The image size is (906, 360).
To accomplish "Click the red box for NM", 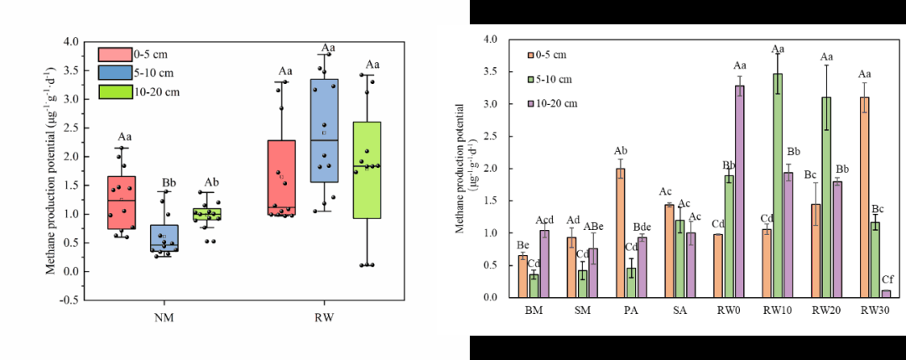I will click(x=122, y=202).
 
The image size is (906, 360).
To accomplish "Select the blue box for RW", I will click(x=324, y=130).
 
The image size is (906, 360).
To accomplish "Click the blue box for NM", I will click(x=164, y=237).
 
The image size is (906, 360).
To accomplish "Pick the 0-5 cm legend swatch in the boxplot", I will click(x=115, y=55).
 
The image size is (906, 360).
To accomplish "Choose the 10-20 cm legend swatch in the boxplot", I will click(x=115, y=91).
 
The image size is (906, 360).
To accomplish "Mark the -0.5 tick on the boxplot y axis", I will click(x=73, y=300).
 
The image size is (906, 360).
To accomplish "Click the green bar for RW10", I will click(x=778, y=185).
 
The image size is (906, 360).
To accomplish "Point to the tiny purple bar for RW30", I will click(x=886, y=294).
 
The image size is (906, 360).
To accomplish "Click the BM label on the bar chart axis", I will click(x=534, y=310).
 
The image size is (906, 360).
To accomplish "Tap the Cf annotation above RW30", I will click(x=887, y=279).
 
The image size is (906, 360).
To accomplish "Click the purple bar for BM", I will click(x=545, y=263).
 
